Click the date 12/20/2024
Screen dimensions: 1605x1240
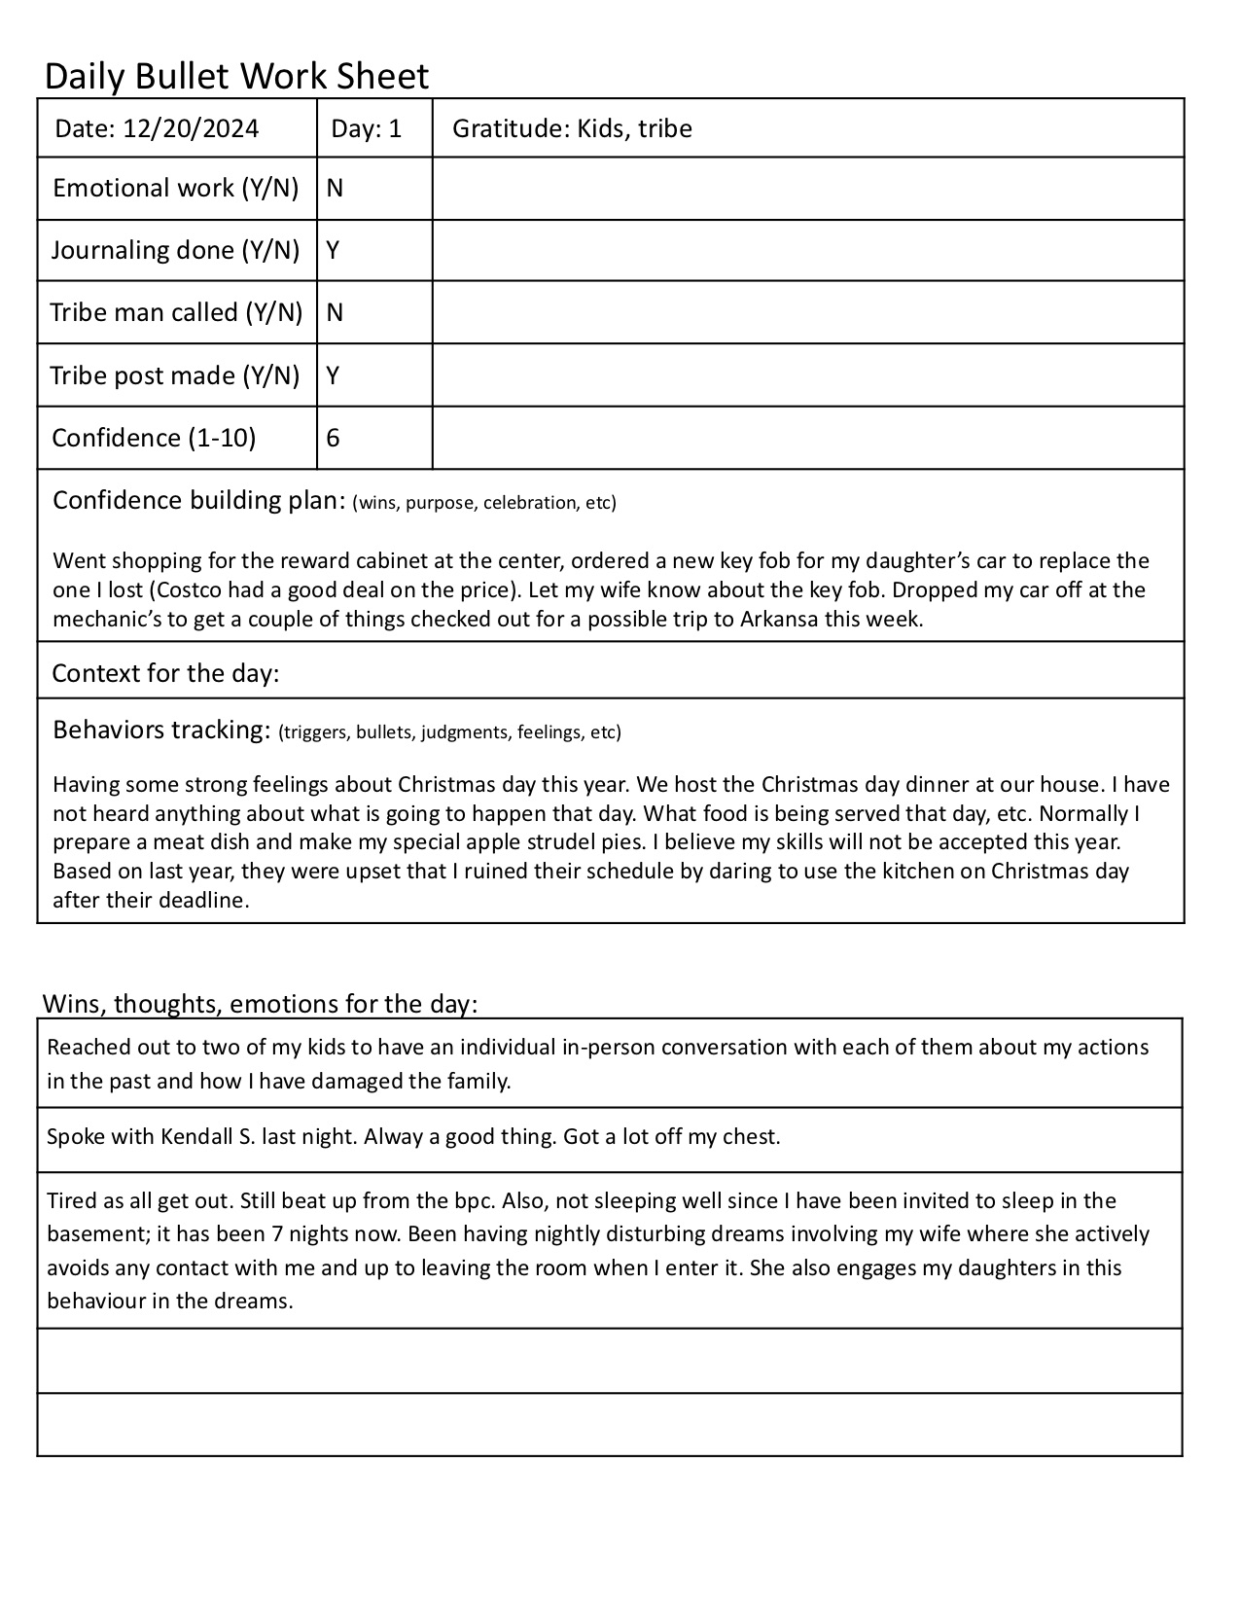(191, 128)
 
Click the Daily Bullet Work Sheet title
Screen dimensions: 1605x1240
(236, 76)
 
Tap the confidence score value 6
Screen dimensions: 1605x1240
(333, 438)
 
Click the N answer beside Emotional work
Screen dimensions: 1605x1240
(335, 188)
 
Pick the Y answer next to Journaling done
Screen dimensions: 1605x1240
(333, 250)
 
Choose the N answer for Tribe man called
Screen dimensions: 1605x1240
(335, 312)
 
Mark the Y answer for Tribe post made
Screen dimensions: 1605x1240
(333, 375)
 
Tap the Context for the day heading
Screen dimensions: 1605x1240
(165, 673)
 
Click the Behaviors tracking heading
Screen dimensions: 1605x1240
(160, 730)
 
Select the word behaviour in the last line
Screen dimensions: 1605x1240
(95, 1301)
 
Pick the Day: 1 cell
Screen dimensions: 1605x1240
(366, 128)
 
